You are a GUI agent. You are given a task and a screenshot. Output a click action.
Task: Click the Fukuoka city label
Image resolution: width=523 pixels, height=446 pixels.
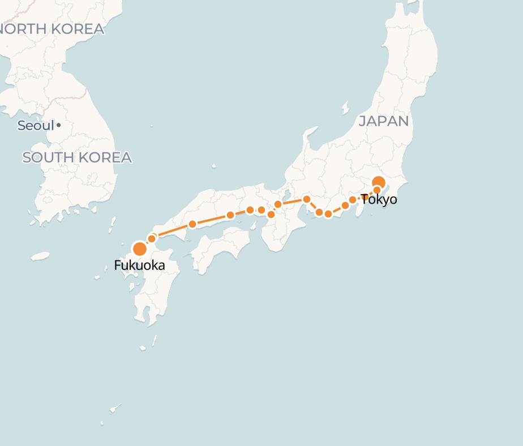coord(139,265)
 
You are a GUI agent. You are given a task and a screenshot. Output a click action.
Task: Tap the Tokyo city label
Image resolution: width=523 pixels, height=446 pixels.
coord(379,200)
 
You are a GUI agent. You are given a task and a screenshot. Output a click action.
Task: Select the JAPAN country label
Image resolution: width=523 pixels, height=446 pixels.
coord(384,121)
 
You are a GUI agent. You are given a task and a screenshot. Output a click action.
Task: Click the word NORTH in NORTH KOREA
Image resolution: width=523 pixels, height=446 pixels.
coord(24,29)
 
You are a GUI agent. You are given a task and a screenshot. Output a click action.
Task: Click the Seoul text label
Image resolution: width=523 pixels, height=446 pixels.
coord(35,126)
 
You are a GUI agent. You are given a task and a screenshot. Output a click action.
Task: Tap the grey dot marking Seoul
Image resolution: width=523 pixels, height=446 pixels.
coord(58,125)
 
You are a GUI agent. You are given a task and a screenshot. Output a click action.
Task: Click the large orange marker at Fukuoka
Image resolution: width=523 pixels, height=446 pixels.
coord(139,248)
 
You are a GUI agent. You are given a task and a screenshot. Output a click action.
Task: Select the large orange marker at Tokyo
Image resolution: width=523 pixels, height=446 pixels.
coord(379,182)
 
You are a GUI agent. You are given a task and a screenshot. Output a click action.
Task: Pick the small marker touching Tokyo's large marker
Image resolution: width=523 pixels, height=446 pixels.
coord(377,190)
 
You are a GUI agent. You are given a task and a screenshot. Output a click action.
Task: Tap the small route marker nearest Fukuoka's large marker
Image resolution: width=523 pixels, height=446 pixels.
coord(152,239)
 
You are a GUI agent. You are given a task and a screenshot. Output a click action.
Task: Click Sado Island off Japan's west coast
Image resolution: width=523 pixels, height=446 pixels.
coord(345,107)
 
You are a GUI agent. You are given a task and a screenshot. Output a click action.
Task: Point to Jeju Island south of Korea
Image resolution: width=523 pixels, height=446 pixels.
coord(40,256)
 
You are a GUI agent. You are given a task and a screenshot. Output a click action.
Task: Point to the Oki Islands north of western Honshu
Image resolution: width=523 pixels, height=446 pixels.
coord(213,166)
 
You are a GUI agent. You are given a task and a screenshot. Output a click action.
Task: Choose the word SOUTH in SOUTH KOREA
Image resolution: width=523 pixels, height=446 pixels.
coord(49,157)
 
